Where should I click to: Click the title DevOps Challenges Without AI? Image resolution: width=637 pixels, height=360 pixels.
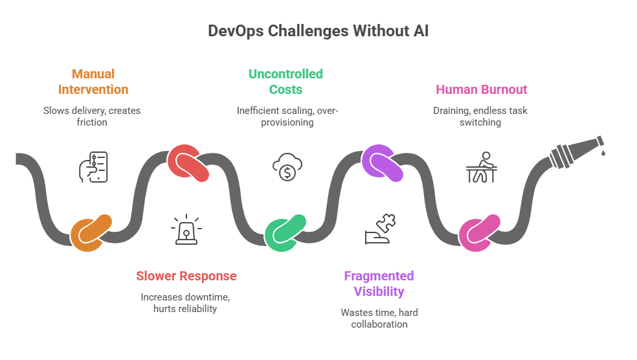click(318, 31)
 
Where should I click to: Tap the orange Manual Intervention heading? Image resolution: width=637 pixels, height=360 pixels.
click(93, 82)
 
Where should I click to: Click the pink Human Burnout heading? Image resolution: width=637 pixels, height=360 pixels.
click(481, 89)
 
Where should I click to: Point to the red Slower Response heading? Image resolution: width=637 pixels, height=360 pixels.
click(186, 276)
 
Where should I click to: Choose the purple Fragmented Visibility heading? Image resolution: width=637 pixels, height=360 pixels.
click(379, 284)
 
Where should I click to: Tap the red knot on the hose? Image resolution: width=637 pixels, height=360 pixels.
click(188, 163)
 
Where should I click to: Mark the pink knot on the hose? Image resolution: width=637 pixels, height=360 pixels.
click(480, 232)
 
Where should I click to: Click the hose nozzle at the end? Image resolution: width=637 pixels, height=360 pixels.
click(576, 149)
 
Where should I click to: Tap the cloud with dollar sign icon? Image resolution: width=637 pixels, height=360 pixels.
click(285, 167)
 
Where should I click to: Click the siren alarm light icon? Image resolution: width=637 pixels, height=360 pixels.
click(186, 231)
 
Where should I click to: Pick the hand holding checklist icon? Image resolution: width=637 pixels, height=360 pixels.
click(93, 167)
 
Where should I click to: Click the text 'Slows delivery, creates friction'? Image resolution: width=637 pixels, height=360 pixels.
click(92, 116)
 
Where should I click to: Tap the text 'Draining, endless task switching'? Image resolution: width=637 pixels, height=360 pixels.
click(480, 116)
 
